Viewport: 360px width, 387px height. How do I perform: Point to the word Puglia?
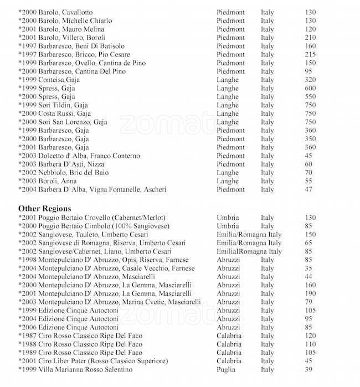point(226,369)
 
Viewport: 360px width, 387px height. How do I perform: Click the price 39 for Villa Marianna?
point(308,369)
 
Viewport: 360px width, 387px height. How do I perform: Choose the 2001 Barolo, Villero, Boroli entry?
point(61,38)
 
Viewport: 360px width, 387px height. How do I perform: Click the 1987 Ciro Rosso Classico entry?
point(80,336)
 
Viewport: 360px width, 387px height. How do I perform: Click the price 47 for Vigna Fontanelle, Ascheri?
point(308,189)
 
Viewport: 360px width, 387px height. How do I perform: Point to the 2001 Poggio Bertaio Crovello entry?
point(92,218)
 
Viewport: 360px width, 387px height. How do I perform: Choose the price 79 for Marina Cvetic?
point(308,302)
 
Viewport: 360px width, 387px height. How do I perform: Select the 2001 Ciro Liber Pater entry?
point(93,361)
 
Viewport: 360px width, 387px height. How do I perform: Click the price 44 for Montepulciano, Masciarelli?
point(308,277)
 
